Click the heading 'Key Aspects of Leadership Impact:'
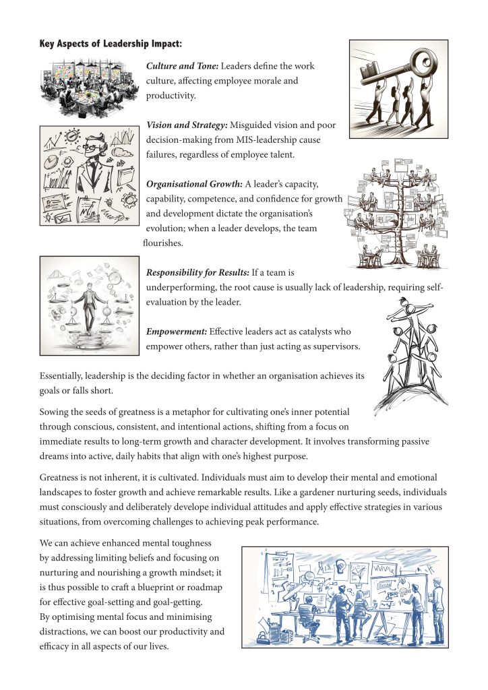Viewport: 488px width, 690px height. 111,44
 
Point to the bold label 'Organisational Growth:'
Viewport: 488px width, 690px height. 194,184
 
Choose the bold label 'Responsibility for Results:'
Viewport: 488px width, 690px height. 197,273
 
